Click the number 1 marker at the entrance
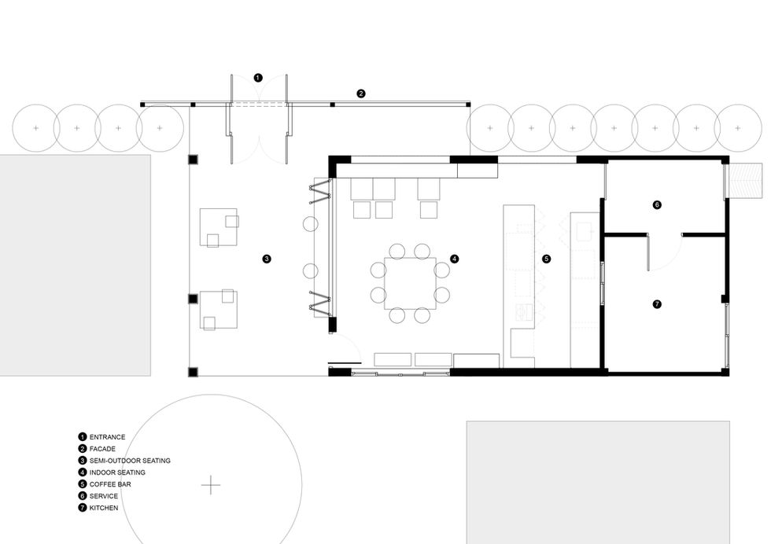click(x=258, y=78)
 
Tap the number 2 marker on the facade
click(x=361, y=94)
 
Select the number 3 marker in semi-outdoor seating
click(x=267, y=259)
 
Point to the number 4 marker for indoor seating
click(x=455, y=259)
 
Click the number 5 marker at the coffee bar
click(x=546, y=259)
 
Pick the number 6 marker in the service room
click(x=657, y=204)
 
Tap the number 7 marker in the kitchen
click(x=657, y=304)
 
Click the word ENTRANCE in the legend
click(x=107, y=437)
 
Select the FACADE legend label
click(x=102, y=449)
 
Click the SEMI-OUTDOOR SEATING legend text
click(x=130, y=461)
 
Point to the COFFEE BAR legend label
click(x=110, y=484)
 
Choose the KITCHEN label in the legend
click(x=104, y=508)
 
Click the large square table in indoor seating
click(x=410, y=283)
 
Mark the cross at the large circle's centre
click(x=211, y=484)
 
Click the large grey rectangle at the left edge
click(x=76, y=266)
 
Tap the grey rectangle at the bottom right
click(x=598, y=482)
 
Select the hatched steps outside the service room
click(x=746, y=180)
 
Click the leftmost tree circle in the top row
click(x=36, y=128)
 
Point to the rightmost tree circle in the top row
click(x=738, y=128)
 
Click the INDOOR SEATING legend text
click(x=117, y=472)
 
